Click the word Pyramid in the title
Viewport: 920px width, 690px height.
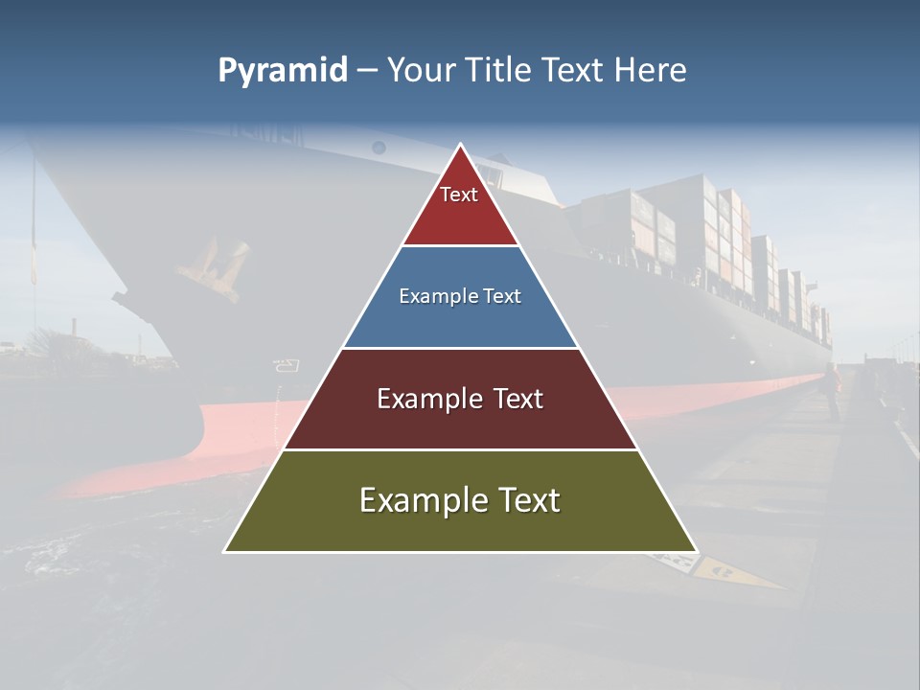point(283,70)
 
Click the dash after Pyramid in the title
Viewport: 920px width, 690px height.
point(367,71)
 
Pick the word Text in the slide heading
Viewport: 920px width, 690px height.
point(575,70)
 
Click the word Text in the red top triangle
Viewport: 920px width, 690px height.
point(459,195)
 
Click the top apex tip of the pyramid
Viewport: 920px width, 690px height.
point(460,145)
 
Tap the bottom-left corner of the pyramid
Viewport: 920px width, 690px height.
point(225,551)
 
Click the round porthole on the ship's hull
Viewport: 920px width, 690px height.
point(379,147)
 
